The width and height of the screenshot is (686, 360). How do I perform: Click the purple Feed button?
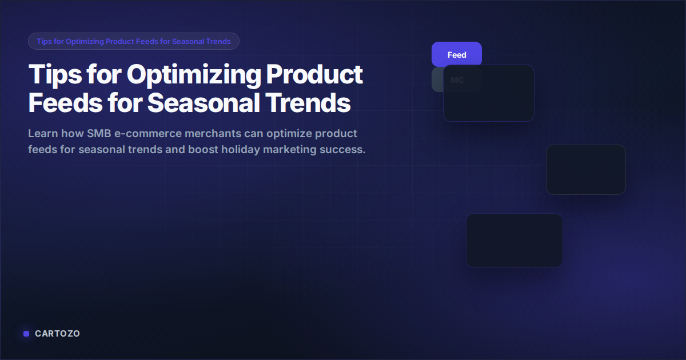(x=456, y=55)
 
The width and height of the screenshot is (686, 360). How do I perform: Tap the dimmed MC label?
(x=456, y=80)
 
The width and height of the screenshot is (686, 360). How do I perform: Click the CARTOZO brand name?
(x=57, y=334)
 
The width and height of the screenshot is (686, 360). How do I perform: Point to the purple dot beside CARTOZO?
(x=26, y=334)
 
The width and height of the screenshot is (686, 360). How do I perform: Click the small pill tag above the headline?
(x=133, y=41)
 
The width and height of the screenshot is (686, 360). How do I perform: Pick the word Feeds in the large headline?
(x=64, y=103)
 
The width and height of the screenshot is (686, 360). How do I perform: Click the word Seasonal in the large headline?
(x=203, y=103)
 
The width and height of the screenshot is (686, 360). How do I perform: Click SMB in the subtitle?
(x=101, y=134)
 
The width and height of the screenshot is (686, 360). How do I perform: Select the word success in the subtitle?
(x=342, y=150)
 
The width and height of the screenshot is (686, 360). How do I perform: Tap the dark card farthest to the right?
(x=585, y=170)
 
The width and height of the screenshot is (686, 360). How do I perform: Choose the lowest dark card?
(x=514, y=241)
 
